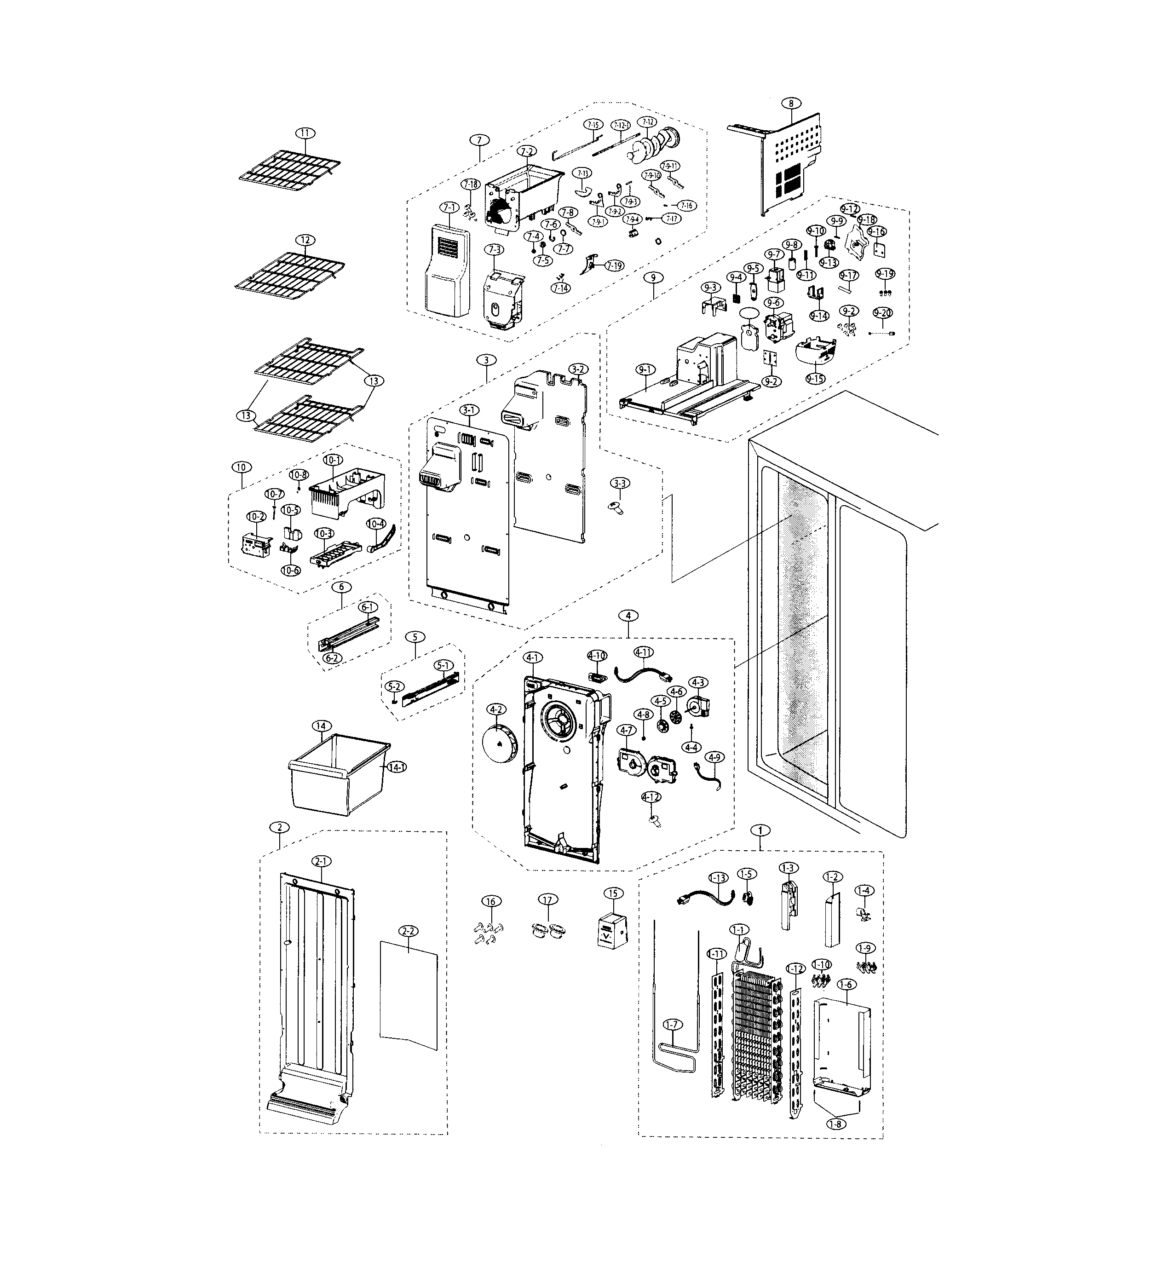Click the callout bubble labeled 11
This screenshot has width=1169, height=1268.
(x=305, y=133)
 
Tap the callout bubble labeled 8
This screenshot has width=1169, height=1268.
(x=791, y=103)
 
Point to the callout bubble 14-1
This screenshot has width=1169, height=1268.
(x=397, y=767)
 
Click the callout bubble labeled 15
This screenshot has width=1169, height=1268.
(x=612, y=893)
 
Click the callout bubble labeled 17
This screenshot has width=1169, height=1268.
(x=548, y=900)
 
